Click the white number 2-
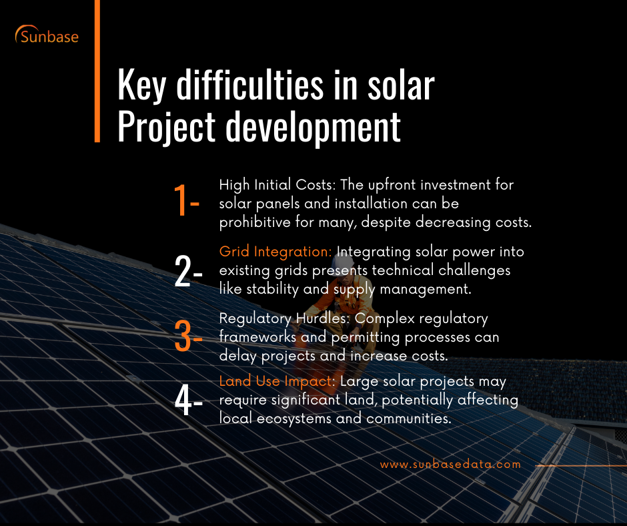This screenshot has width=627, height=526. coord(187,270)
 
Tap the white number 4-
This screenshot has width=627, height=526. coord(187,400)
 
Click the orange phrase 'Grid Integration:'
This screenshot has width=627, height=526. coord(275,252)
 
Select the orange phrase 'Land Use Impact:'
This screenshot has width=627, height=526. coord(278,381)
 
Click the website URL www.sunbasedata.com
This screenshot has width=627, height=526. coord(450,464)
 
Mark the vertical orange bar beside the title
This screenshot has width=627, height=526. coord(97,70)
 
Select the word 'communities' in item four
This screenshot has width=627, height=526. coord(413,418)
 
